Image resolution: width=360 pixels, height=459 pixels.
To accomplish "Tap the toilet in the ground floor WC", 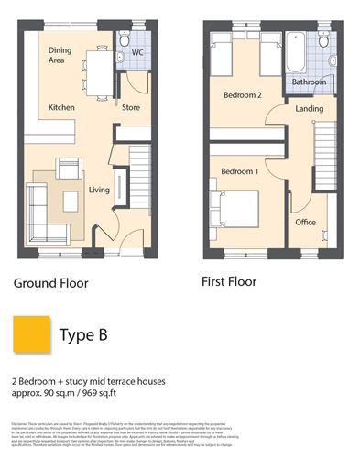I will [x=125, y=39].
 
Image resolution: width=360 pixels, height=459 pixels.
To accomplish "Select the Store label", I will [x=132, y=107].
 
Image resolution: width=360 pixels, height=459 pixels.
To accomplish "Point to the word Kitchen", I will [x=61, y=108].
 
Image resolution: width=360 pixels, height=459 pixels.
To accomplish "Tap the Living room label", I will [x=99, y=190].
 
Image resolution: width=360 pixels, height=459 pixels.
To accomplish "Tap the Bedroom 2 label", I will [x=243, y=94].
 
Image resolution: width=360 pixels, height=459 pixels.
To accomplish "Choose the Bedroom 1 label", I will [x=239, y=171].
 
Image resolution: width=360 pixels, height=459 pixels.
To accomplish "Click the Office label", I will [x=305, y=222].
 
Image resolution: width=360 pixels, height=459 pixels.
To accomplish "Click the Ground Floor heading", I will [x=51, y=283].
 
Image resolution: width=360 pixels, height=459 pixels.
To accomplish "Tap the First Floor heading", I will [x=229, y=281].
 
